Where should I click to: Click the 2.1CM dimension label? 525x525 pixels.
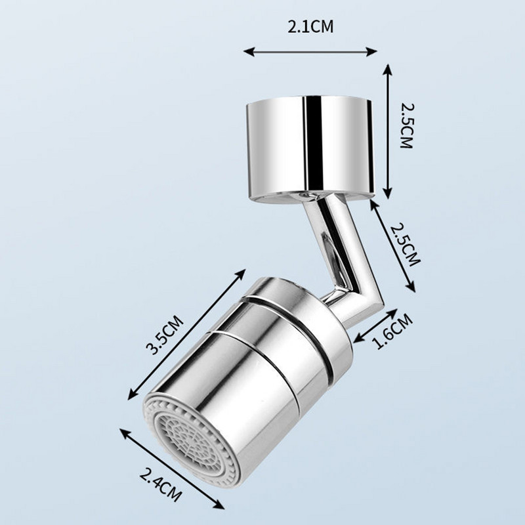310,27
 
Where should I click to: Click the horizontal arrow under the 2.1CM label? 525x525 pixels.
310,51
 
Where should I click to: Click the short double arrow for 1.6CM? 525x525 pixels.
375,326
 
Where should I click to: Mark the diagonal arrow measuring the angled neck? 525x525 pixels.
394,245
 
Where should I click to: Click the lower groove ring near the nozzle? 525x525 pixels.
256,358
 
